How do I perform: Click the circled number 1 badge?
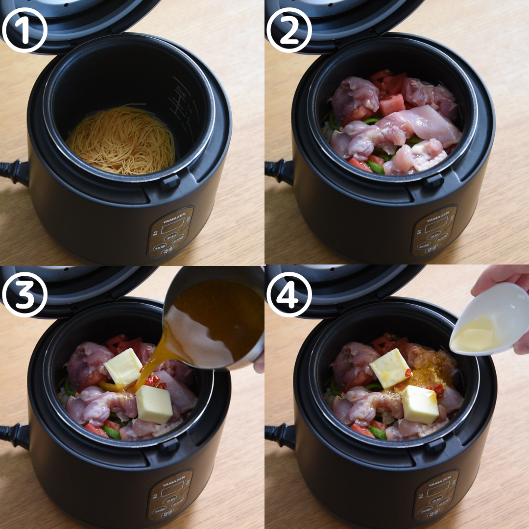coord(24,30)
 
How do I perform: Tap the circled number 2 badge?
coord(289,30)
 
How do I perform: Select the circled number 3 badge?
coord(24,294)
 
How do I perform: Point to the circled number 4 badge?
coord(289,294)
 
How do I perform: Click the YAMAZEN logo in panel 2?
coord(437,214)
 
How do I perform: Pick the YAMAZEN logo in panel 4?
coord(437,479)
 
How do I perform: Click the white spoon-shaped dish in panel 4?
coord(490,321)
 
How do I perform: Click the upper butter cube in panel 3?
coord(123,366)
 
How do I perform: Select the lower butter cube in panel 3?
coord(154,404)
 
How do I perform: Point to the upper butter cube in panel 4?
coord(389,368)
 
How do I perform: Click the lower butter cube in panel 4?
coord(420,405)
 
